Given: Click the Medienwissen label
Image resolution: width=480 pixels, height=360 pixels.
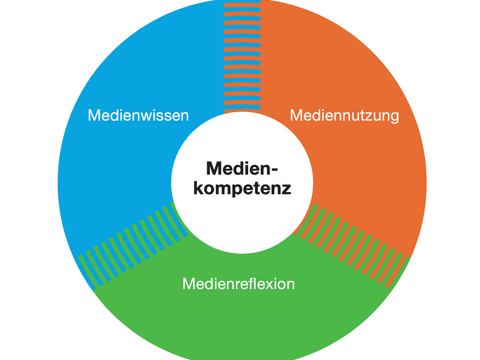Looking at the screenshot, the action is tap(138, 115).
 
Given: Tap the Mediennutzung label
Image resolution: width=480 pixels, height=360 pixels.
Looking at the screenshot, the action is tap(344, 116).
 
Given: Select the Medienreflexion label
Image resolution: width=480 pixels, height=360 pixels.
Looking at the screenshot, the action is tap(238, 284).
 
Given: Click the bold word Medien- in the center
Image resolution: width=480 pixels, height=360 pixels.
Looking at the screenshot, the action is tap(242, 168).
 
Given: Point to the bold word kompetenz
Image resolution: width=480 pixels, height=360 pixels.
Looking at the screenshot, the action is tap(242, 188).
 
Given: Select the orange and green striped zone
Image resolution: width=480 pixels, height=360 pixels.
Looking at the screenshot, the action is tap(352, 245).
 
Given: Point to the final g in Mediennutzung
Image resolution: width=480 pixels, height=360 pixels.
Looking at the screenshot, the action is tap(395, 118).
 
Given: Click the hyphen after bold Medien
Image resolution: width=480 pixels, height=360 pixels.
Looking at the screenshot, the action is tap(274, 170).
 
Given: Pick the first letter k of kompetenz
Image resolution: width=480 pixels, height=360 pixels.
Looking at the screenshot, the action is tap(198, 187).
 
